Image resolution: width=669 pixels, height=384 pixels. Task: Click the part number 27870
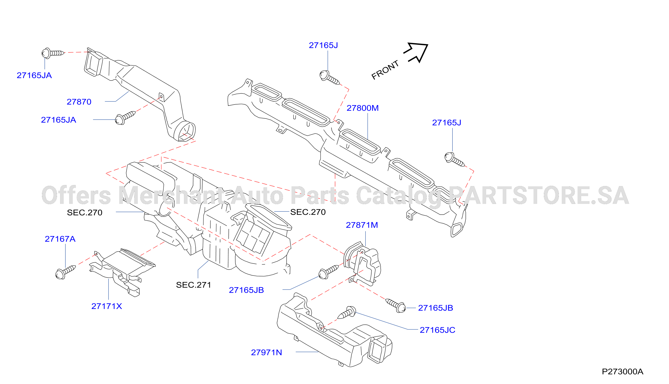79,102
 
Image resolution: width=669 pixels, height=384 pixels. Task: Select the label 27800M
362,108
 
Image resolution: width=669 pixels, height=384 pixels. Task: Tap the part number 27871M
362,225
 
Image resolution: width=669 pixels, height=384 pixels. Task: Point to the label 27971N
266,352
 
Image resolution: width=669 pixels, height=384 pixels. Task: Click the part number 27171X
107,306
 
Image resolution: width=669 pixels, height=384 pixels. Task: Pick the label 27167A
60,239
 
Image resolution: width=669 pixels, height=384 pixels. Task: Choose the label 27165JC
437,330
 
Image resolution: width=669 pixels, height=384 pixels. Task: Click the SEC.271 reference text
194,285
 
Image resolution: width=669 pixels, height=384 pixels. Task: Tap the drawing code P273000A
623,372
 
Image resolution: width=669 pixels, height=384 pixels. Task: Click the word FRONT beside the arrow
385,70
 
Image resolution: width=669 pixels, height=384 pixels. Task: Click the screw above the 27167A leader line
66,272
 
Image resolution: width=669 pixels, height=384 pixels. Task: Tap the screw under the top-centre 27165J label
330,78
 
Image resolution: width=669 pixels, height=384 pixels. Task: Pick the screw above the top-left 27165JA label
53,53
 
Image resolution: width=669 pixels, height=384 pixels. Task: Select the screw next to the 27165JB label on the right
395,306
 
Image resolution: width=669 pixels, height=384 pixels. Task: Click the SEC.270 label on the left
84,213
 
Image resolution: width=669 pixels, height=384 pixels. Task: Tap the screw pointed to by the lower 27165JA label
125,118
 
